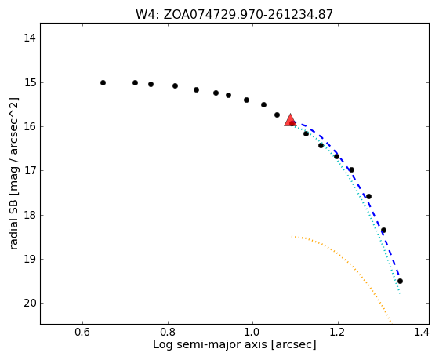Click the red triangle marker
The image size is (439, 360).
290,120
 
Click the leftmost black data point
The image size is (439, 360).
103,82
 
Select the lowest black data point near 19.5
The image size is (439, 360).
400,281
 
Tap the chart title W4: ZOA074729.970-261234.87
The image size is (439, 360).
234,14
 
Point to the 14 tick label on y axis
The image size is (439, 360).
30,38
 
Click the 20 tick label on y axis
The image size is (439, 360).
30,303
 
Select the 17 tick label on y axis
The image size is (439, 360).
30,171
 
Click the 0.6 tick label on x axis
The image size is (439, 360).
82,332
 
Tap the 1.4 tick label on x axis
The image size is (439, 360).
421,332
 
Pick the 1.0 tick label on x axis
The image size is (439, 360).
252,332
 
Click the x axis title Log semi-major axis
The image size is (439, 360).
210,345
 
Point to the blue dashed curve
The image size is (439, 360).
354,176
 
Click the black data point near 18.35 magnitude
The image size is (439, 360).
383,231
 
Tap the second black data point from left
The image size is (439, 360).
135,82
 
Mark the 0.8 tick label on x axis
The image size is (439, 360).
168,332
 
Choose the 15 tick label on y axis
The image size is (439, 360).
30,83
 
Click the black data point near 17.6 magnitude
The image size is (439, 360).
368,196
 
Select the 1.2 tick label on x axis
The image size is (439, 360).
338,332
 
